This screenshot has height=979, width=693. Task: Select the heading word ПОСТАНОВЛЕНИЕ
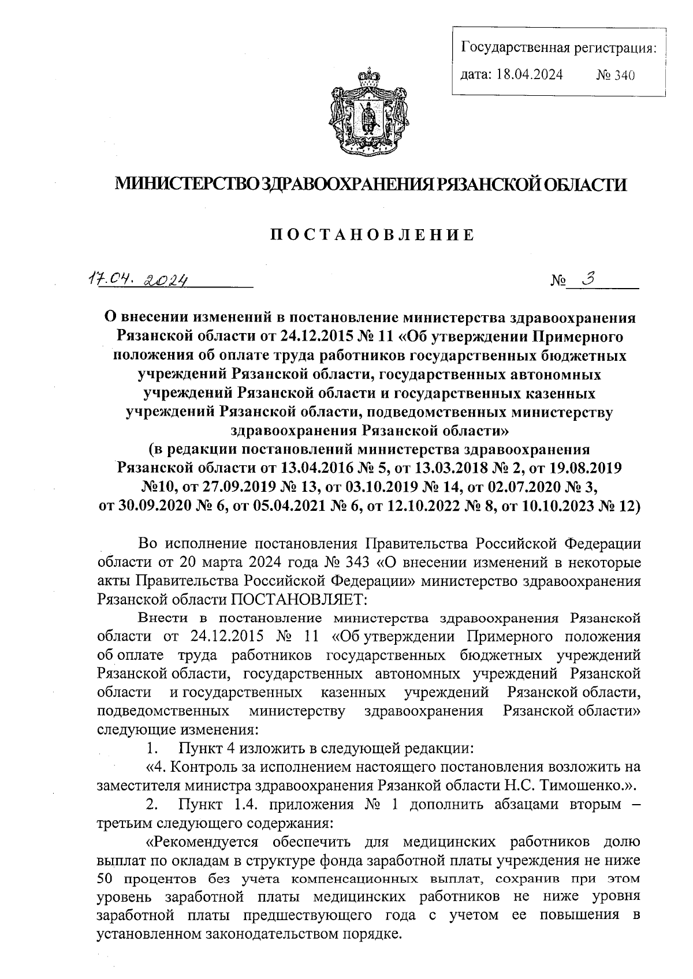coord(372,234)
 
